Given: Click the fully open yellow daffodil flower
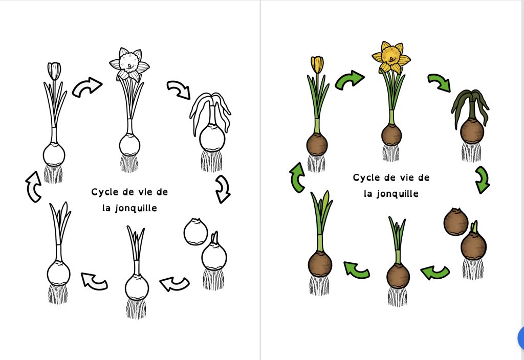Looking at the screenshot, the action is (x=391, y=57).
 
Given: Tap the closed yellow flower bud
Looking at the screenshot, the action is (x=317, y=64).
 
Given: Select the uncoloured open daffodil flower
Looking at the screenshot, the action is (x=129, y=64).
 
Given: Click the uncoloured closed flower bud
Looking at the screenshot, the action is (x=54, y=71).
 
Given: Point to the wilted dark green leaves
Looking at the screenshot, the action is (x=470, y=106).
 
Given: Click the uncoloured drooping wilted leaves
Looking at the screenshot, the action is (x=210, y=110).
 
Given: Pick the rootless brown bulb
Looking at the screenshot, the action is (x=455, y=222).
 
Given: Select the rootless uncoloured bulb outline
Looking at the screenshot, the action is (x=196, y=232).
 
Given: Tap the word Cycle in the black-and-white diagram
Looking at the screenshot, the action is (x=102, y=192).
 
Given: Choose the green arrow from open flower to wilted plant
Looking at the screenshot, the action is (x=440, y=82).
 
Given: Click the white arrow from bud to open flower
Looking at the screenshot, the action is (x=87, y=87).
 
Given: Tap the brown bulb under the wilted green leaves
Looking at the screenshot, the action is (x=472, y=131).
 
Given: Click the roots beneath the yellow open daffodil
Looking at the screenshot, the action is (x=391, y=152).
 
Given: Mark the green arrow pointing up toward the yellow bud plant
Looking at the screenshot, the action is (x=297, y=177).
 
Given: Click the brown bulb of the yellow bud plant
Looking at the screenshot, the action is (x=317, y=144).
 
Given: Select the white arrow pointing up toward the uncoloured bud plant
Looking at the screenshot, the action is (x=33, y=187).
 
